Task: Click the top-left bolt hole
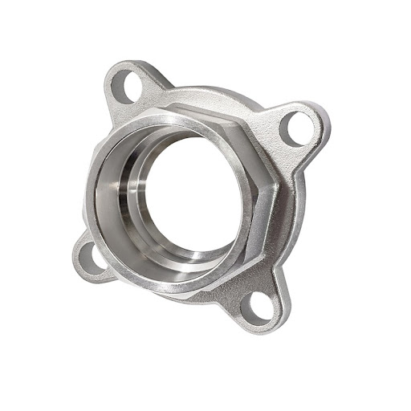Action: pos(124,86)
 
